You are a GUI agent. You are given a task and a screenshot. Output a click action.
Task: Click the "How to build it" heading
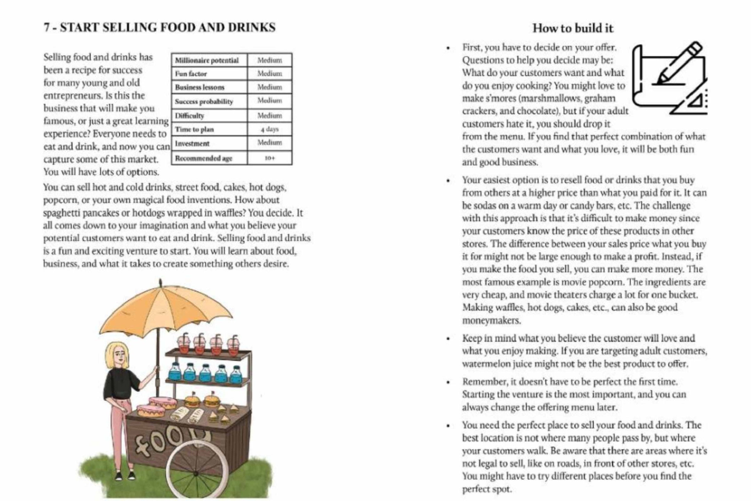(x=573, y=28)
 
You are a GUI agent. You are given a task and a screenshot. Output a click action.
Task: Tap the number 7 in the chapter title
(x=46, y=27)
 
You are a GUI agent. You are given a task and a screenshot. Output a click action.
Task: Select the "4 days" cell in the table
(x=269, y=129)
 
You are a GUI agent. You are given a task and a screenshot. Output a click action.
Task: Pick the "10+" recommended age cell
(x=269, y=158)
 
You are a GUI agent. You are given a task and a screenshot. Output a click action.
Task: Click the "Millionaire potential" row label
(x=207, y=60)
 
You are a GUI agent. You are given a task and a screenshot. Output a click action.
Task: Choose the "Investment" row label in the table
(x=192, y=143)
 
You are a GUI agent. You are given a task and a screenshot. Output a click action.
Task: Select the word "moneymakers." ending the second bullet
(x=491, y=320)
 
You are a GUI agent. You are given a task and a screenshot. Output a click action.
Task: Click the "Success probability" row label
(x=204, y=102)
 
